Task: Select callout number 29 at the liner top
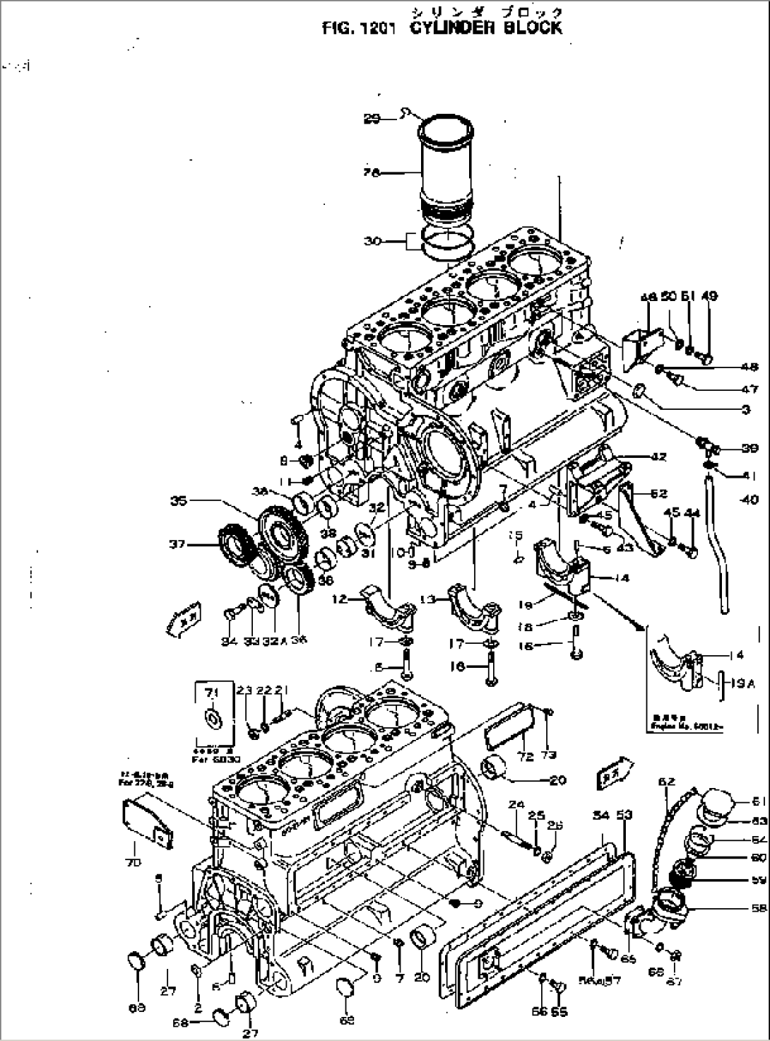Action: [372, 119]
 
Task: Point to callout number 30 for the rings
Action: [372, 241]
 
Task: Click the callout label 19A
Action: [732, 683]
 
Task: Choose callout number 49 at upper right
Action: [709, 296]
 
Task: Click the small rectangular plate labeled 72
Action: [507, 729]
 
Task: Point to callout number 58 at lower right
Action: [759, 908]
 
